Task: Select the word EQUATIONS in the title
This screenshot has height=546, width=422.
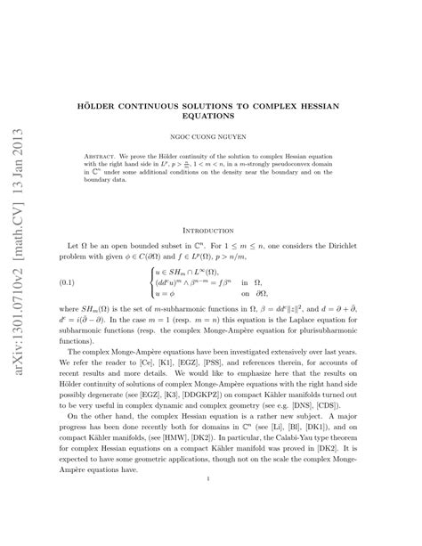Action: coord(210,116)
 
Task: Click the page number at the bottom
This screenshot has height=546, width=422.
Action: coord(210,503)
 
